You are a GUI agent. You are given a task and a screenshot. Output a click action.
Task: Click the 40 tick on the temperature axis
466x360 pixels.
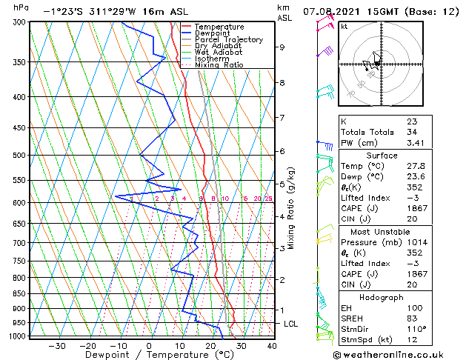pos(272,345)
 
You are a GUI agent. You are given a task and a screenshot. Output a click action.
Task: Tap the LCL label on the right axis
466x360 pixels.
pos(291,324)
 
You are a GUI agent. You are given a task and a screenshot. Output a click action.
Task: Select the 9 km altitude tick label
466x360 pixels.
pos(282,47)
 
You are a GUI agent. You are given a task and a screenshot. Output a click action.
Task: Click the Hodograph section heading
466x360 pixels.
pos(382,297)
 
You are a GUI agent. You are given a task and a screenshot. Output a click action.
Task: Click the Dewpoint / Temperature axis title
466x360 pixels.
pos(150,355)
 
